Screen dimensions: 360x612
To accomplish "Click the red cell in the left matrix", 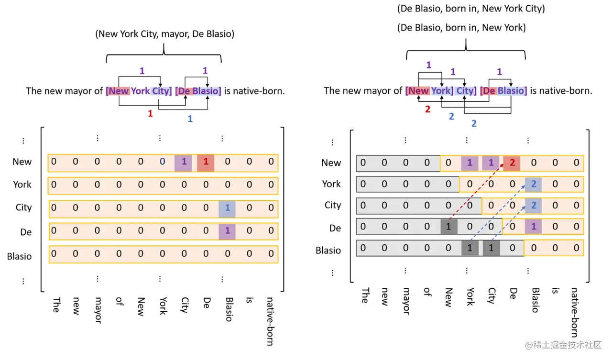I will pyautogui.click(x=206, y=163).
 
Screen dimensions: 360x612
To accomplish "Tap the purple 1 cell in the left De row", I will pyautogui.click(x=228, y=231).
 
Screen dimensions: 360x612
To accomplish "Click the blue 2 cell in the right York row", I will pyautogui.click(x=533, y=184).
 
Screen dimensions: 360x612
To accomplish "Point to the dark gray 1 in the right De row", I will pyautogui.click(x=448, y=227).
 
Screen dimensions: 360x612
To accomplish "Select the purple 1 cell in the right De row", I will pyautogui.click(x=533, y=227).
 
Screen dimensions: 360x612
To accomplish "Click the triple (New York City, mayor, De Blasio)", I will pyautogui.click(x=164, y=34).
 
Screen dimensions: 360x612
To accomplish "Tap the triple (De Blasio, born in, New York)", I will pyautogui.click(x=461, y=28).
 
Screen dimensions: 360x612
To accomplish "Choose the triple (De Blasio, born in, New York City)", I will pyautogui.click(x=471, y=9).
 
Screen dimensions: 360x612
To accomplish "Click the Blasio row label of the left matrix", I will pyautogui.click(x=19, y=256).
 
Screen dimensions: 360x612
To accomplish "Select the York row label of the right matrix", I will pyautogui.click(x=331, y=184).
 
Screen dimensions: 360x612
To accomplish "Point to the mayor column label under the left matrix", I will pyautogui.click(x=97, y=310).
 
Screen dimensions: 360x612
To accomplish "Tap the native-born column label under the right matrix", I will pyautogui.click(x=574, y=312).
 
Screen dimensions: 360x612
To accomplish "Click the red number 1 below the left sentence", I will pyautogui.click(x=150, y=114).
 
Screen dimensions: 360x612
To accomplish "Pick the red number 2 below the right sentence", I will pyautogui.click(x=427, y=109).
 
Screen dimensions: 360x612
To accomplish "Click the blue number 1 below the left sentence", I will pyautogui.click(x=190, y=119).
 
